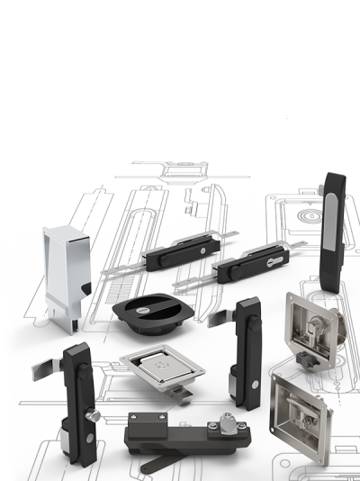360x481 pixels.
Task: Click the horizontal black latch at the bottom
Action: click(180, 432)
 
